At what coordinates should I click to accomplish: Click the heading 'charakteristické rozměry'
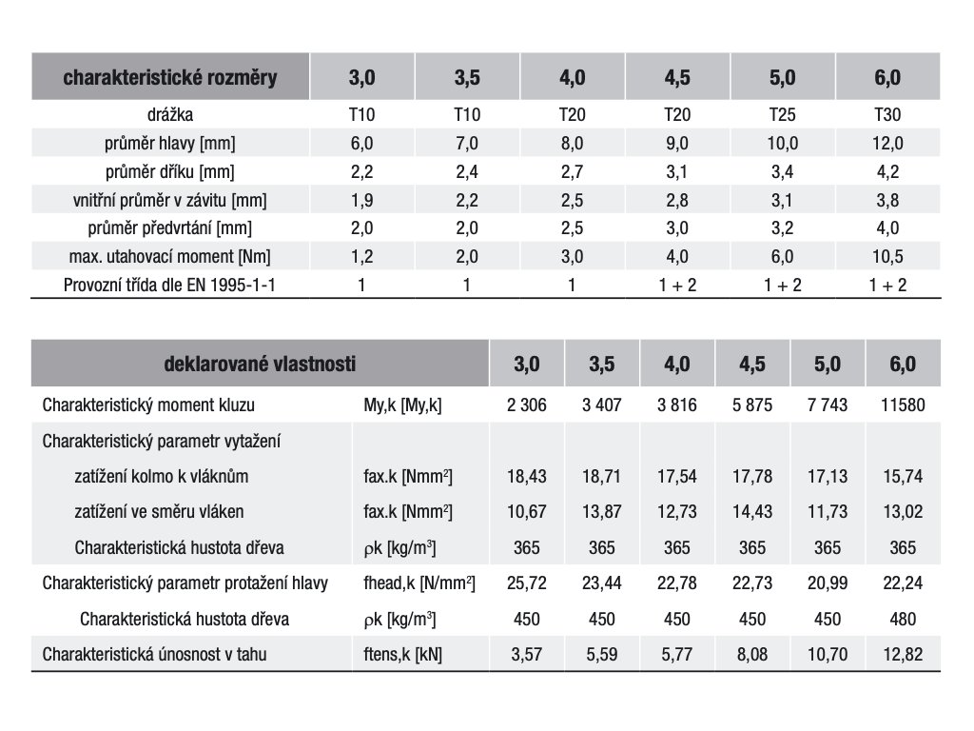point(169,78)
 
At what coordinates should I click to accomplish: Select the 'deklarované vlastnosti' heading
point(260,364)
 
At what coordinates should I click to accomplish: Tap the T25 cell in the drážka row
point(782,114)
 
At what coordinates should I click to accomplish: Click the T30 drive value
point(887,114)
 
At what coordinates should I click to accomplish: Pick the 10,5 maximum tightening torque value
point(887,256)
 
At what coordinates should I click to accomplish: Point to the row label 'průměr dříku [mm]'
point(169,171)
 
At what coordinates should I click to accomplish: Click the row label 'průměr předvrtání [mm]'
point(169,228)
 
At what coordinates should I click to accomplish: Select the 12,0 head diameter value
point(887,143)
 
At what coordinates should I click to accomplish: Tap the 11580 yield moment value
point(903,405)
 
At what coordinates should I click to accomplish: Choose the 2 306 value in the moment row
point(527,405)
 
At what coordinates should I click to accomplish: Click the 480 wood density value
point(903,619)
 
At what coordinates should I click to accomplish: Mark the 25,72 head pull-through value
point(527,583)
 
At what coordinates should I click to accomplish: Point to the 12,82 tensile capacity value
point(903,655)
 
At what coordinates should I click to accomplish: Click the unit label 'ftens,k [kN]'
point(402,655)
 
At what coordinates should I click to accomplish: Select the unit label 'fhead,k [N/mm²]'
point(419,583)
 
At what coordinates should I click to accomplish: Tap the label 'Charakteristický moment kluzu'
point(148,405)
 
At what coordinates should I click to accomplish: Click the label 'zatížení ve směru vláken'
point(159,511)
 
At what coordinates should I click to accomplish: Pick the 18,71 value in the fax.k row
point(601,476)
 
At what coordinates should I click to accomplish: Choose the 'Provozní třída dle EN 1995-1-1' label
point(169,286)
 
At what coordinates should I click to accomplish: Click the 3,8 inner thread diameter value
point(887,200)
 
